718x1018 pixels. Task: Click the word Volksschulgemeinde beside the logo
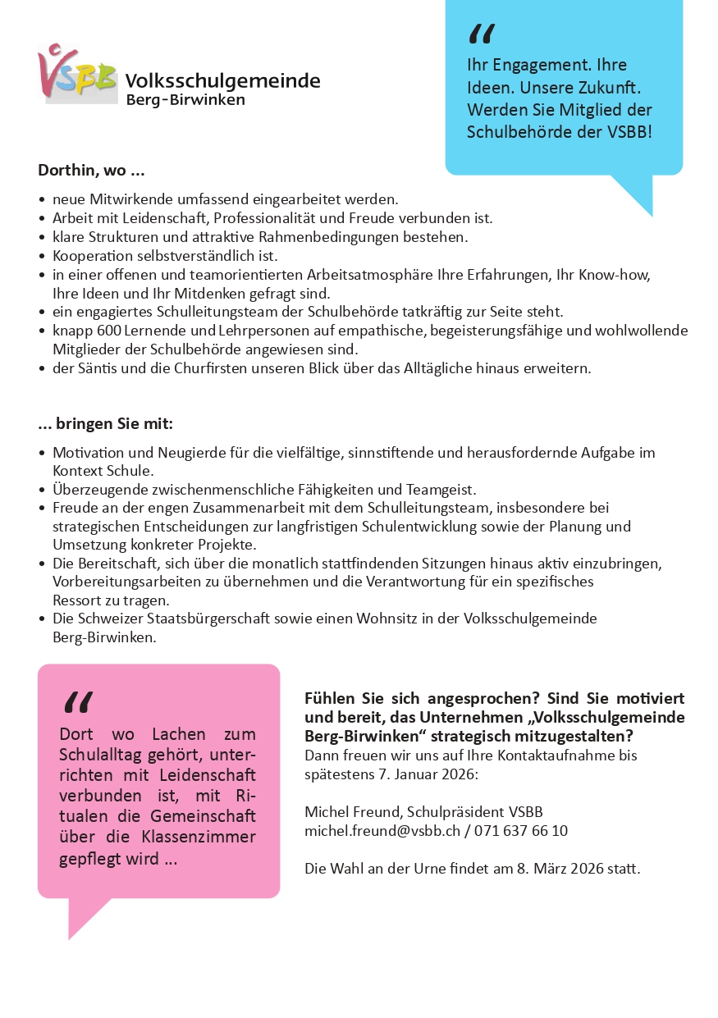[x=222, y=80]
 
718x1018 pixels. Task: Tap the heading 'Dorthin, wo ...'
[x=91, y=171]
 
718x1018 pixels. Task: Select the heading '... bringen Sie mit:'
[x=105, y=424]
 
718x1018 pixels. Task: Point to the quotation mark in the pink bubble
[x=77, y=702]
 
